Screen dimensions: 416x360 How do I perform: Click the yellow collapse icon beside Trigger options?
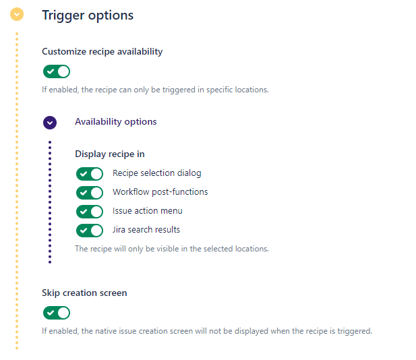[x=17, y=14]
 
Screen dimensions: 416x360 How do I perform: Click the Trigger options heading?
[x=88, y=16]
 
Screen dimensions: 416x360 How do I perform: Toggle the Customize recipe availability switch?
[x=57, y=71]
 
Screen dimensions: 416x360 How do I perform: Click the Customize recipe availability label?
[x=102, y=51]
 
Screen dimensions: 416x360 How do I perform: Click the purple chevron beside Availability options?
[x=50, y=123]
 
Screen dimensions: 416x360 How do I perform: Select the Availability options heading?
[x=116, y=122]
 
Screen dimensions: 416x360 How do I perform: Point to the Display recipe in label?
[x=110, y=154]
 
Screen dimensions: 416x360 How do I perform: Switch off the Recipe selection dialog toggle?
[x=90, y=174]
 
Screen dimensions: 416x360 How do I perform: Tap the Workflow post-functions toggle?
[x=90, y=193]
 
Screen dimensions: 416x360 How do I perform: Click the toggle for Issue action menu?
[x=90, y=212]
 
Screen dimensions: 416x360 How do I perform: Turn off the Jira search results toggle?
[x=90, y=231]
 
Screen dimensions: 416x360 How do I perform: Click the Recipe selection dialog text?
[x=157, y=173]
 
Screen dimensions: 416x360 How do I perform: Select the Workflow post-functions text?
[x=160, y=192]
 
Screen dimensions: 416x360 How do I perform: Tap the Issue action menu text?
[x=148, y=210]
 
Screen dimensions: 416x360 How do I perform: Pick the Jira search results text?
[x=146, y=229]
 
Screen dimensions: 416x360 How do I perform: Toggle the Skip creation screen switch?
[x=57, y=313]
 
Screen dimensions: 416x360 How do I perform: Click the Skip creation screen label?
[x=84, y=293]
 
